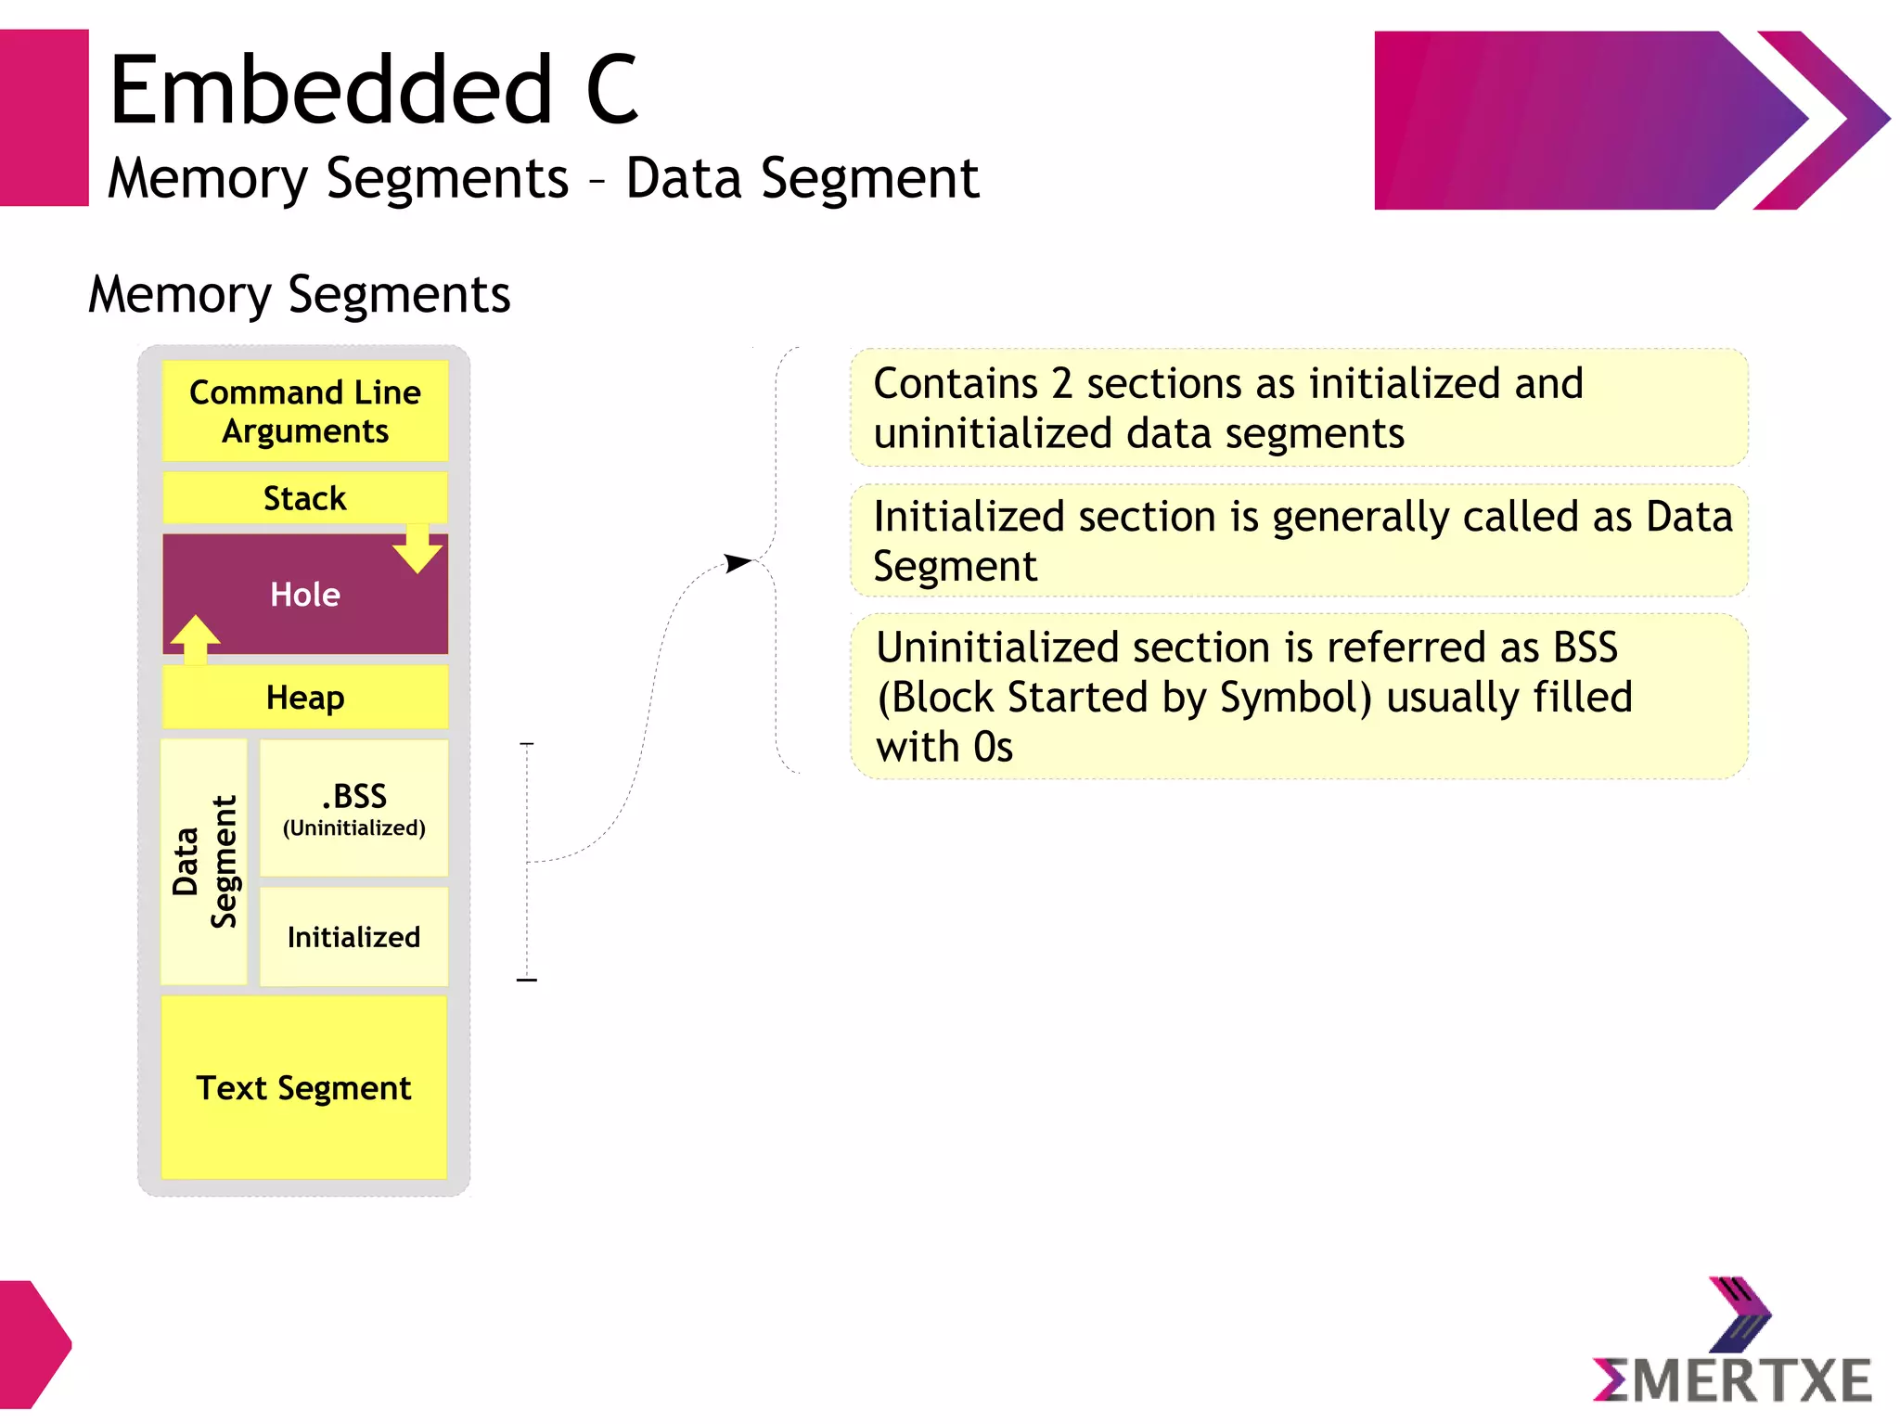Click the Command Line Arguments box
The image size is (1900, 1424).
[304, 411]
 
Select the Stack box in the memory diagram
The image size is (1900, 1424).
[304, 498]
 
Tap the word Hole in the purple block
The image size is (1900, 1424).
[304, 595]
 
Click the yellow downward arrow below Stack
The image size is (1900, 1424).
[417, 548]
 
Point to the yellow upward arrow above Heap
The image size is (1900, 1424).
[195, 639]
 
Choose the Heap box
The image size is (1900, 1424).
[304, 698]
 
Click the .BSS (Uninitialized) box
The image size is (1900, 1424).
[353, 808]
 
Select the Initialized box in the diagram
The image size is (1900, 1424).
[353, 937]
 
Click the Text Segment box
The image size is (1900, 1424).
[303, 1087]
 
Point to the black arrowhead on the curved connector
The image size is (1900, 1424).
[738, 563]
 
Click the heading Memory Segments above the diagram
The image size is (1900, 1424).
[299, 294]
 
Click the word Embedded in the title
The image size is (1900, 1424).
[331, 90]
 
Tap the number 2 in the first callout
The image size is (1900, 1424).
[1061, 383]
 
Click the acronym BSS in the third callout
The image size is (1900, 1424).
[1585, 648]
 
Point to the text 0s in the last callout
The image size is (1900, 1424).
[993, 748]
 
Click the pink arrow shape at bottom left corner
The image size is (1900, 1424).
[32, 1343]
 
